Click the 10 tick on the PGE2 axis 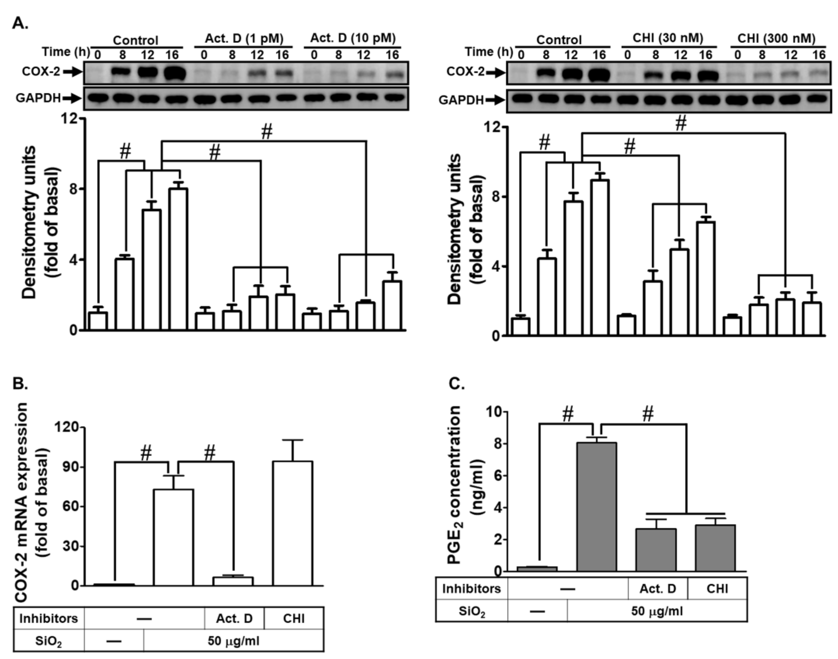(496, 412)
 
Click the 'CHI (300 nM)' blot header (776, 38)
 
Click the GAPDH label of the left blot (38, 98)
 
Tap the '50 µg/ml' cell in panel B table (233, 641)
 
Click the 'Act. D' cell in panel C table (658, 588)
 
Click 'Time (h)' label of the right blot (489, 52)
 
